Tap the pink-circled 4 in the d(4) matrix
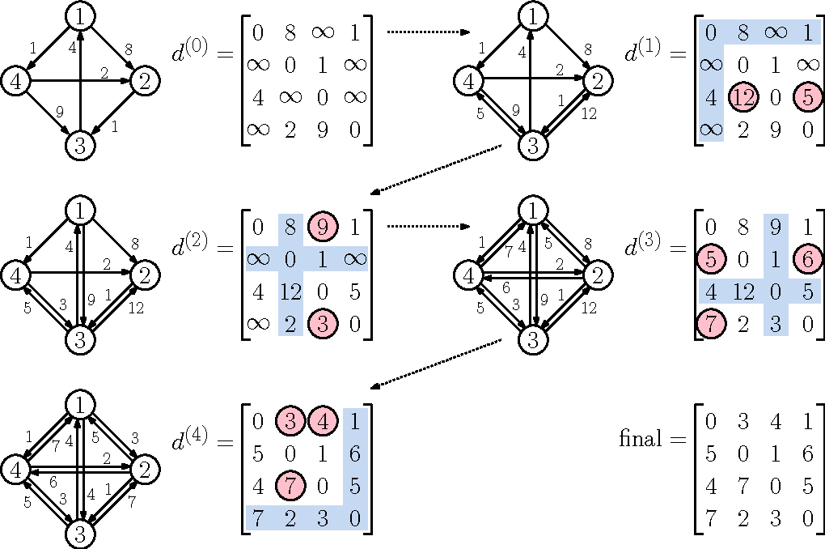click(321, 421)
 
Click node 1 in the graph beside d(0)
click(81, 15)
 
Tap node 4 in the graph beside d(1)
click(467, 80)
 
